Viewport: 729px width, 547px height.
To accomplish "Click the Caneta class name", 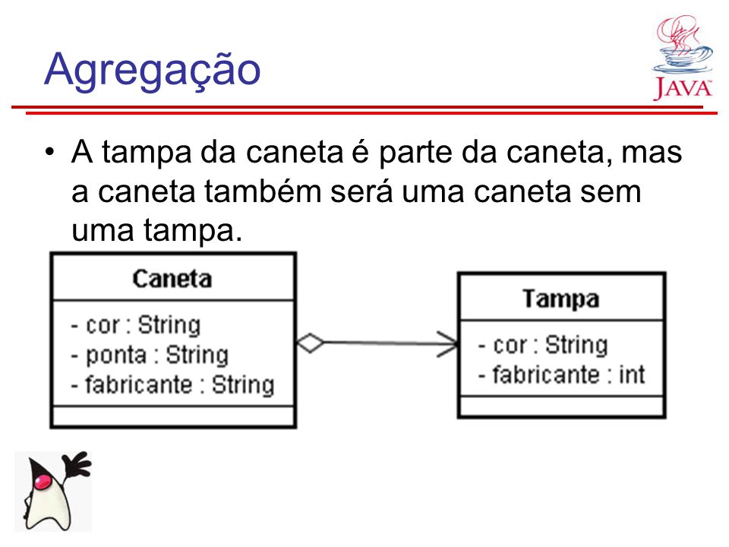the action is coord(172,279).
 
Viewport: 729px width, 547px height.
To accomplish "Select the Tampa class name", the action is coord(560,299).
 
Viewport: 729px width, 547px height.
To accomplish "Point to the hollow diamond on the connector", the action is coord(311,343).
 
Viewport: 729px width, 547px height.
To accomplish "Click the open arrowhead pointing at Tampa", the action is coord(448,344).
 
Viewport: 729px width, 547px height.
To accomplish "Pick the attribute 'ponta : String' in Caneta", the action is coord(150,356).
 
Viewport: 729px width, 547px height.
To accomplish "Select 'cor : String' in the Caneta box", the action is coord(136,324).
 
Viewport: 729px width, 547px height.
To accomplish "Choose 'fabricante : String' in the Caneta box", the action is coord(172,385).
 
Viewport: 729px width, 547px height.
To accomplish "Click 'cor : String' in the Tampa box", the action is coord(543,345).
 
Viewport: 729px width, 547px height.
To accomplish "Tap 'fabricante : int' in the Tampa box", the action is coord(562,375).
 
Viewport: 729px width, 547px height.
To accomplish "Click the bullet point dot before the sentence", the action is coord(50,152).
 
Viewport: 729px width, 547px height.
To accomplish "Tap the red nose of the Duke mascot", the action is coord(43,480).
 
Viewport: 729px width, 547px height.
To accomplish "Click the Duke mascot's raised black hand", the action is coord(78,463).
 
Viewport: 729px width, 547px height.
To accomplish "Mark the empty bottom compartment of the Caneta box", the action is coord(173,416).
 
